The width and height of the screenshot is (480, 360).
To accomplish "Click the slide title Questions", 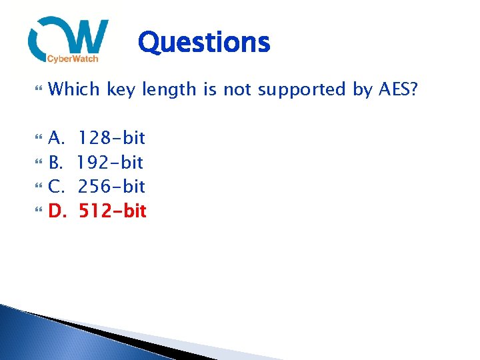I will point(204,43).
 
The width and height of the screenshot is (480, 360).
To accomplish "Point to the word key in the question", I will point(121,89).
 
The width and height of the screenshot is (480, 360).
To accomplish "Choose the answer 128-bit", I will point(111,138).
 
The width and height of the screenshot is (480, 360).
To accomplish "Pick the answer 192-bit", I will point(111,162).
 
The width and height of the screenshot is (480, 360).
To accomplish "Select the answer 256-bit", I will point(111,186).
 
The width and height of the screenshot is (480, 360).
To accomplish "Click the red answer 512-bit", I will point(113,211).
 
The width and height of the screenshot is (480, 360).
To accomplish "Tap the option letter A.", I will point(57,138).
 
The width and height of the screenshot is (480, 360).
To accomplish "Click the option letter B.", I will point(56,162).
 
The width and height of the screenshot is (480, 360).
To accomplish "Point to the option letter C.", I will point(56,186).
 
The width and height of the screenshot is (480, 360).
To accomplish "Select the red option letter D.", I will point(57,211).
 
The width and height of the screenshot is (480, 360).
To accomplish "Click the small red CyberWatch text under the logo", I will point(73,59).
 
